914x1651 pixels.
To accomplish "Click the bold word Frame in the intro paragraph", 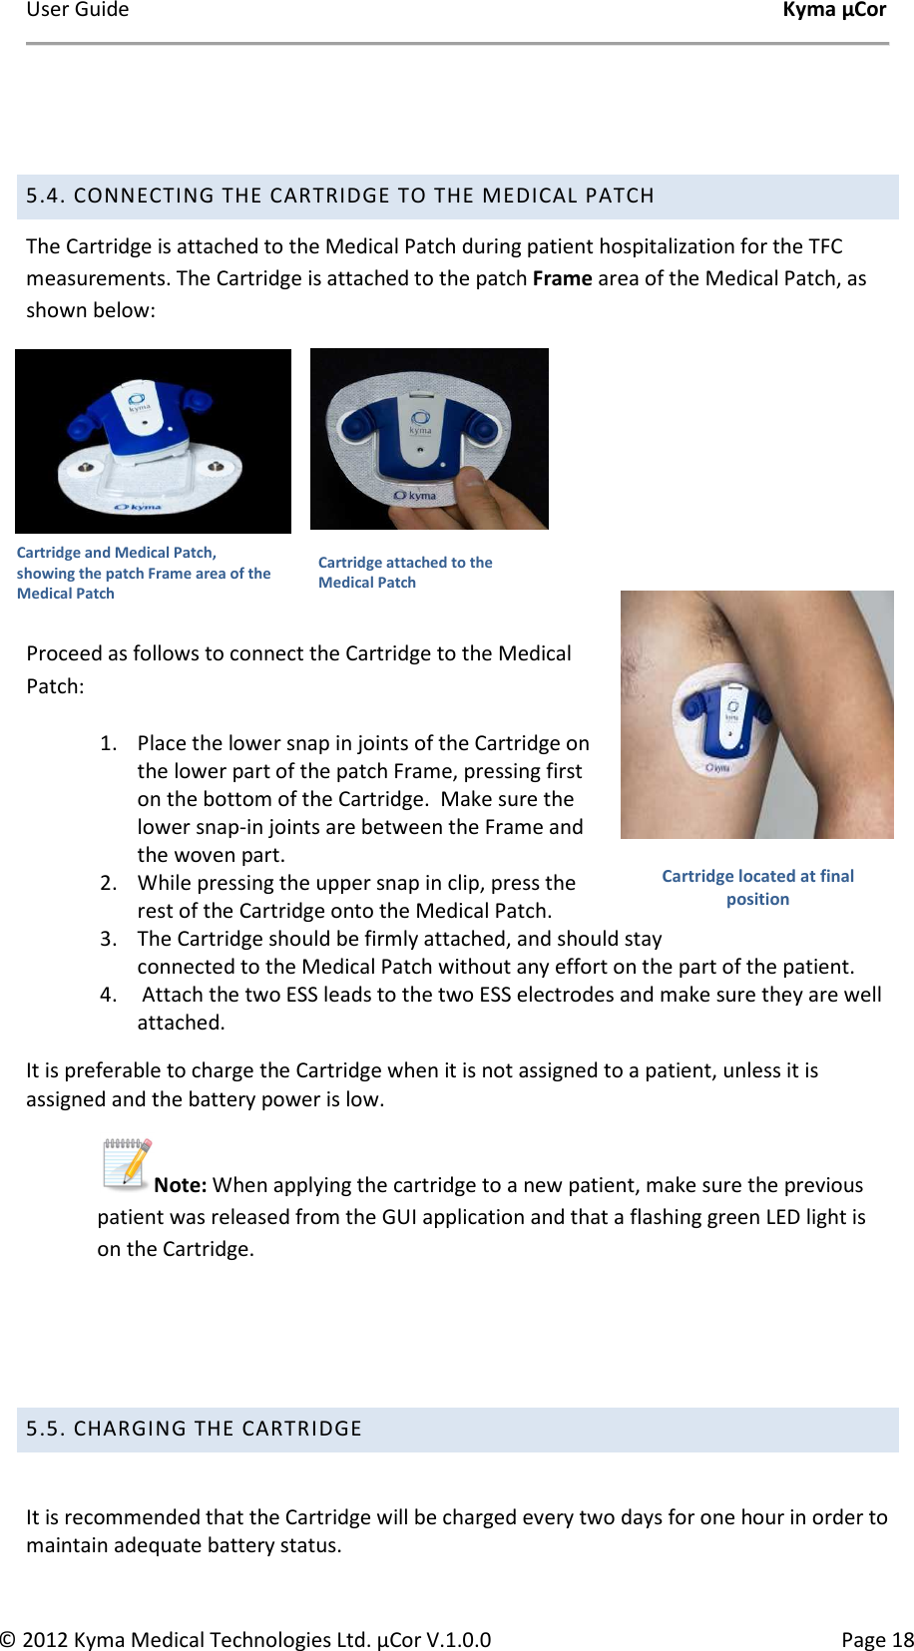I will coord(562,278).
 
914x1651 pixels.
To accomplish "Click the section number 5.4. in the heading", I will coord(46,196).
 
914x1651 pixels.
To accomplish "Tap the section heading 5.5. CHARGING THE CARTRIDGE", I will coord(194,1429).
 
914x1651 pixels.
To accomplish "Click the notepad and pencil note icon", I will coord(126,1163).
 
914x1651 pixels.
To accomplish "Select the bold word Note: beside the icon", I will coord(181,1185).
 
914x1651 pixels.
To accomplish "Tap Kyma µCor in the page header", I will coord(834,10).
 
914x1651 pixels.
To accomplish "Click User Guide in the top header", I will coord(77,10).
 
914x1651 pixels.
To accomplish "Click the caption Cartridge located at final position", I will coord(757,887).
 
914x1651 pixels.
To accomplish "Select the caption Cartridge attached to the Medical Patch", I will coord(404,573).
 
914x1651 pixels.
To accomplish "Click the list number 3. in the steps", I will coord(109,939).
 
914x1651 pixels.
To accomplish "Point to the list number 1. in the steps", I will coord(109,743).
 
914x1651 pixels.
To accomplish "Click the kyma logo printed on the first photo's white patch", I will coord(138,507).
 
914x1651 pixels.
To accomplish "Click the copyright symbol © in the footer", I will coord(8,1639).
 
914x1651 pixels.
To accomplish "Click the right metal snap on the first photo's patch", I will coord(216,467).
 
